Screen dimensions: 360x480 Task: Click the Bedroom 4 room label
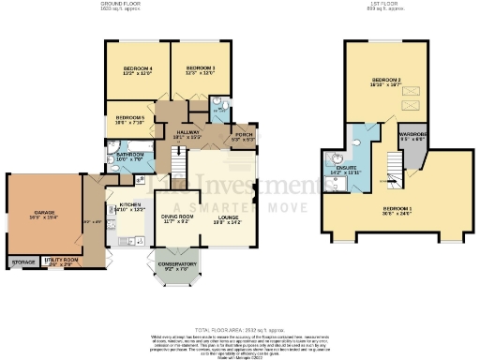coord(139,69)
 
